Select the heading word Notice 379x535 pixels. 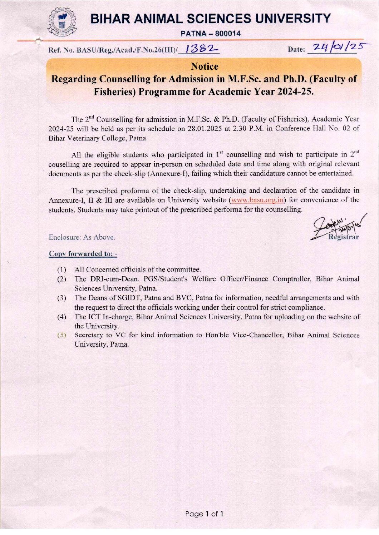tap(205, 66)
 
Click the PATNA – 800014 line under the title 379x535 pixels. tap(211, 34)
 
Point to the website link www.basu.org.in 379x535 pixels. tap(257, 200)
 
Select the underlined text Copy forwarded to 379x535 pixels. tap(83, 254)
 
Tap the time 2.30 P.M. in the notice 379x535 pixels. tap(248, 129)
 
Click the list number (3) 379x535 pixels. tap(62, 298)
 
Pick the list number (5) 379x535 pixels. tap(62, 335)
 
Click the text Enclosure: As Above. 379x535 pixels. tap(82, 237)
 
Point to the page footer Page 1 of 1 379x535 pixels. tap(204, 514)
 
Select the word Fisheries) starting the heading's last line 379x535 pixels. tap(115, 92)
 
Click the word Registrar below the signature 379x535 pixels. tap(344, 237)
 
